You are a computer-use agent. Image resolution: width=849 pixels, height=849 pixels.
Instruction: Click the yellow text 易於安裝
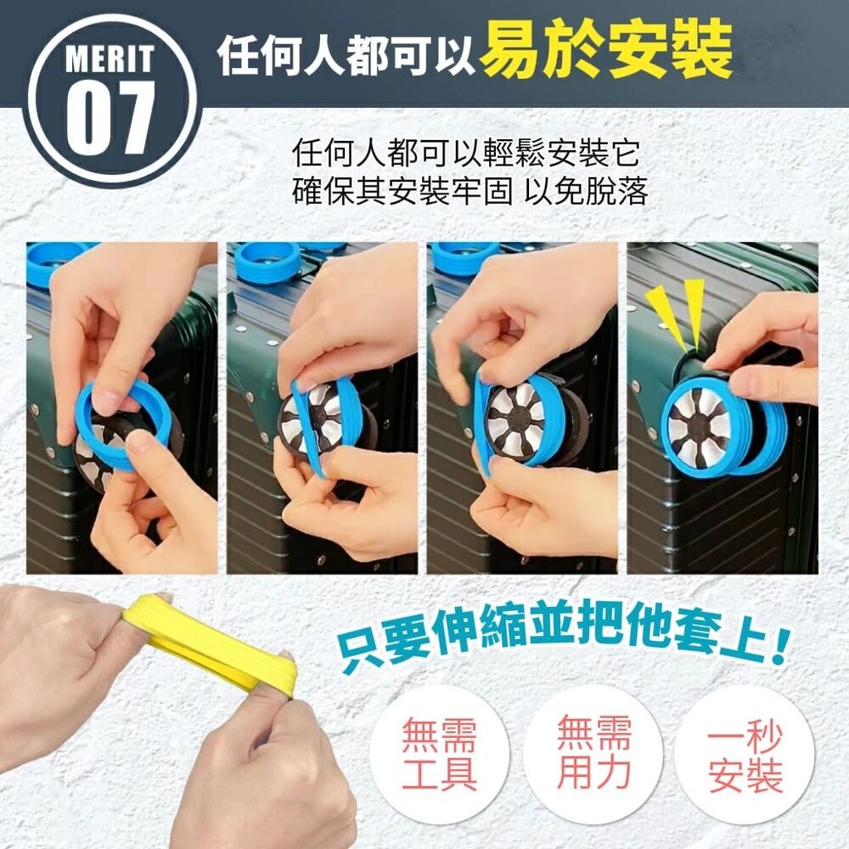click(x=605, y=49)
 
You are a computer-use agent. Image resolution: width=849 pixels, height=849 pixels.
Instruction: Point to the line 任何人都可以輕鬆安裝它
click(x=464, y=155)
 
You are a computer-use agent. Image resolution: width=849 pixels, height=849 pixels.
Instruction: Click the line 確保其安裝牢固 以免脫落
click(x=469, y=192)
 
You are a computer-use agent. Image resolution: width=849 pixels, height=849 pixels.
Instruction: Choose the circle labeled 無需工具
click(x=440, y=754)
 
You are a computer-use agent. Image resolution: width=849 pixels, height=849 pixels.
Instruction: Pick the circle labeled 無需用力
click(x=593, y=752)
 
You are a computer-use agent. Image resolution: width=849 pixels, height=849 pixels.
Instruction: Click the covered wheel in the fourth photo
click(x=705, y=424)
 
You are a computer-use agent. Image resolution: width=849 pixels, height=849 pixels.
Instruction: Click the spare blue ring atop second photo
click(x=267, y=259)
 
